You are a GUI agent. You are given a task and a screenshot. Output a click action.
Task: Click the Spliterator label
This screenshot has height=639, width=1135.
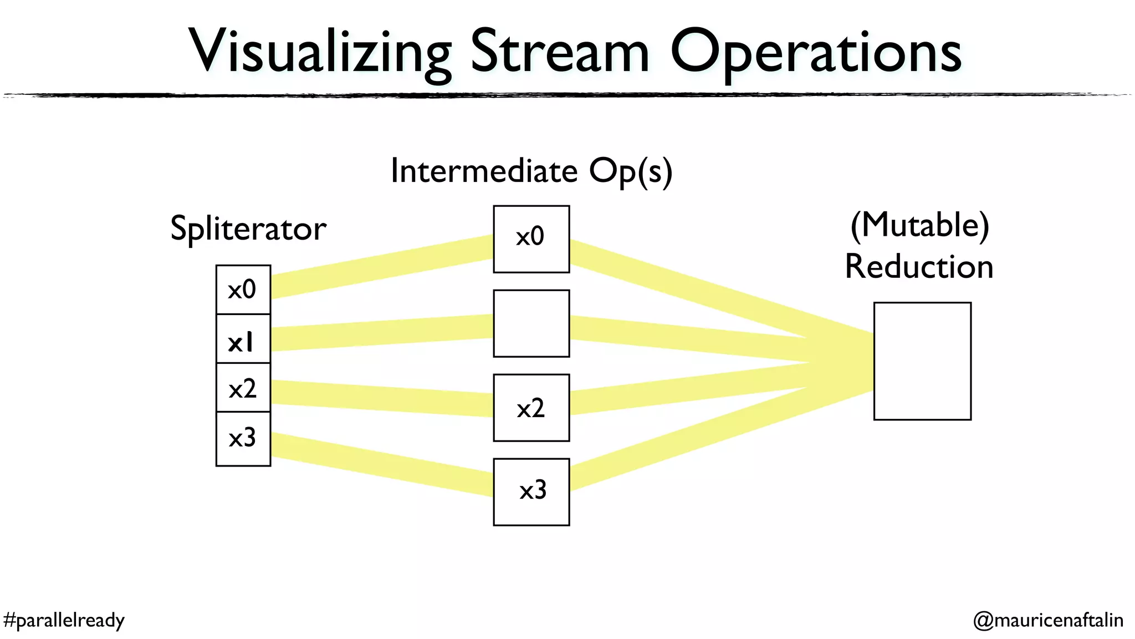coord(248,229)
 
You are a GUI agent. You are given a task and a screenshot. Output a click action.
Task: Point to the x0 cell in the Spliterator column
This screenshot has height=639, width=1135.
coord(243,290)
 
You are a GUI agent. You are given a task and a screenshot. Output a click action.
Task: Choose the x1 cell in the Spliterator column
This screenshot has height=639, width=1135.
coord(243,339)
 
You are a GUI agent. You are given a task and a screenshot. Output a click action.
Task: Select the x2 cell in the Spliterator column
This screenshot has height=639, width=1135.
coord(243,388)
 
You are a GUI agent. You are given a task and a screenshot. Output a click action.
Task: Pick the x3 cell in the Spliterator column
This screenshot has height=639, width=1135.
coord(243,438)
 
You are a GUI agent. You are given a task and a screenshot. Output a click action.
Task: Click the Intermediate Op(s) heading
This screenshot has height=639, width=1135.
coord(531,171)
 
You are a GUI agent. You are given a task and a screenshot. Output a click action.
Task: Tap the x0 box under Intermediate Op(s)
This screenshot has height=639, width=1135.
coord(531,239)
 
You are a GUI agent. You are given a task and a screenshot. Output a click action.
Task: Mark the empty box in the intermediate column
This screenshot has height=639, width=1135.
coord(531,323)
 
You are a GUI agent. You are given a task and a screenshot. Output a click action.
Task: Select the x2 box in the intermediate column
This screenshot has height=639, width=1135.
coord(531,408)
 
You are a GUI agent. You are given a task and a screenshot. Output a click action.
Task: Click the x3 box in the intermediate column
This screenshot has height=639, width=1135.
coord(531,491)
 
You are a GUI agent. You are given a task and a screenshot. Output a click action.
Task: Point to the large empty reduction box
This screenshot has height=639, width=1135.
coord(922,361)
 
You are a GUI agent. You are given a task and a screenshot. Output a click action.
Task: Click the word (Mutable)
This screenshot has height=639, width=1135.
coord(919,225)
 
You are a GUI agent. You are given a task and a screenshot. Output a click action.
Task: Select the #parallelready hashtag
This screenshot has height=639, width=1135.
coord(64,620)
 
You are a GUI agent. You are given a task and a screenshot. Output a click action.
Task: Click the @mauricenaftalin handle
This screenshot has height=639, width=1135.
coord(1048,620)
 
